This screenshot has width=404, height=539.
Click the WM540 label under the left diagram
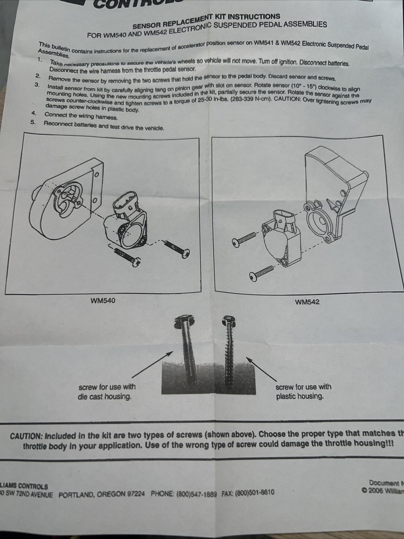[x=102, y=301]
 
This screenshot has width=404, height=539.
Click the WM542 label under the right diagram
[x=307, y=302]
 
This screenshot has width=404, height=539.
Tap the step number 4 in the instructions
[x=34, y=114]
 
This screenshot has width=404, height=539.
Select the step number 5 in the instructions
[x=33, y=122]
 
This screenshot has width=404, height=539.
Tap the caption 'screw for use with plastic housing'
[x=303, y=391]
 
